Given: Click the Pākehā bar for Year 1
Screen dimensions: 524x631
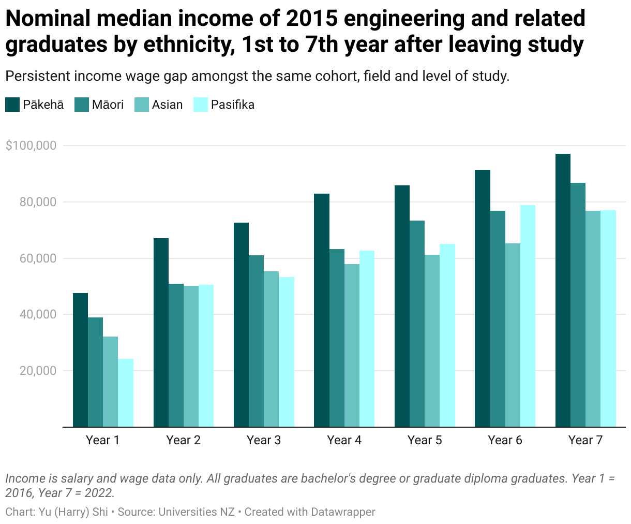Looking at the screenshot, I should click(80, 360).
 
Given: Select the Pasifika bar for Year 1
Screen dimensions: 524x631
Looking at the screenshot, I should click(126, 393).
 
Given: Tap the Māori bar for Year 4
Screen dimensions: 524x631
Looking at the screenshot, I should click(337, 338).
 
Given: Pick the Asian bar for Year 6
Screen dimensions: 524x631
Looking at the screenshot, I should click(513, 335).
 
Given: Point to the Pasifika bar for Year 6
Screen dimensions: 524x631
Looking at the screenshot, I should click(528, 316).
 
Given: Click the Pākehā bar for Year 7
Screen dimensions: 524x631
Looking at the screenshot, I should click(563, 290).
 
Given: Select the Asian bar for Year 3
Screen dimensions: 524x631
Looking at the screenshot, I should click(271, 349).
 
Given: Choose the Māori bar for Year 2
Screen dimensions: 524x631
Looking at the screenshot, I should click(176, 355).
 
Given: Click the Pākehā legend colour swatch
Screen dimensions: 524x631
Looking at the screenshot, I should click(12, 105).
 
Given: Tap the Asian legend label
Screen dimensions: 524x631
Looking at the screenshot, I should click(167, 105).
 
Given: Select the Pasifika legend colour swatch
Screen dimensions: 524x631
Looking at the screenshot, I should click(201, 105).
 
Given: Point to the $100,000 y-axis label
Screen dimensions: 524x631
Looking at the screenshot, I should click(31, 145).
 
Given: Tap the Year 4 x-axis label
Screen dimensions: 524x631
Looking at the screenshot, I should click(344, 440).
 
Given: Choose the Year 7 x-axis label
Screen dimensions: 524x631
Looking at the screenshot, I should click(585, 440).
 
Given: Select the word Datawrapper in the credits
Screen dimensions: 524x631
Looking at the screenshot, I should click(342, 512).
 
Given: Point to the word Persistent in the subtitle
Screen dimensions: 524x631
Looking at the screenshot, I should click(38, 76).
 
